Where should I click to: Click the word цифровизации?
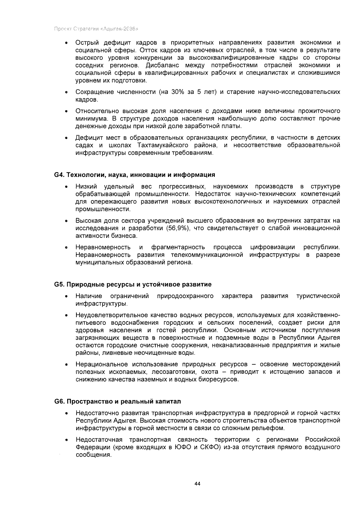272,247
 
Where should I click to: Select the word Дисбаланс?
160,65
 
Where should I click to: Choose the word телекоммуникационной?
207,255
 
